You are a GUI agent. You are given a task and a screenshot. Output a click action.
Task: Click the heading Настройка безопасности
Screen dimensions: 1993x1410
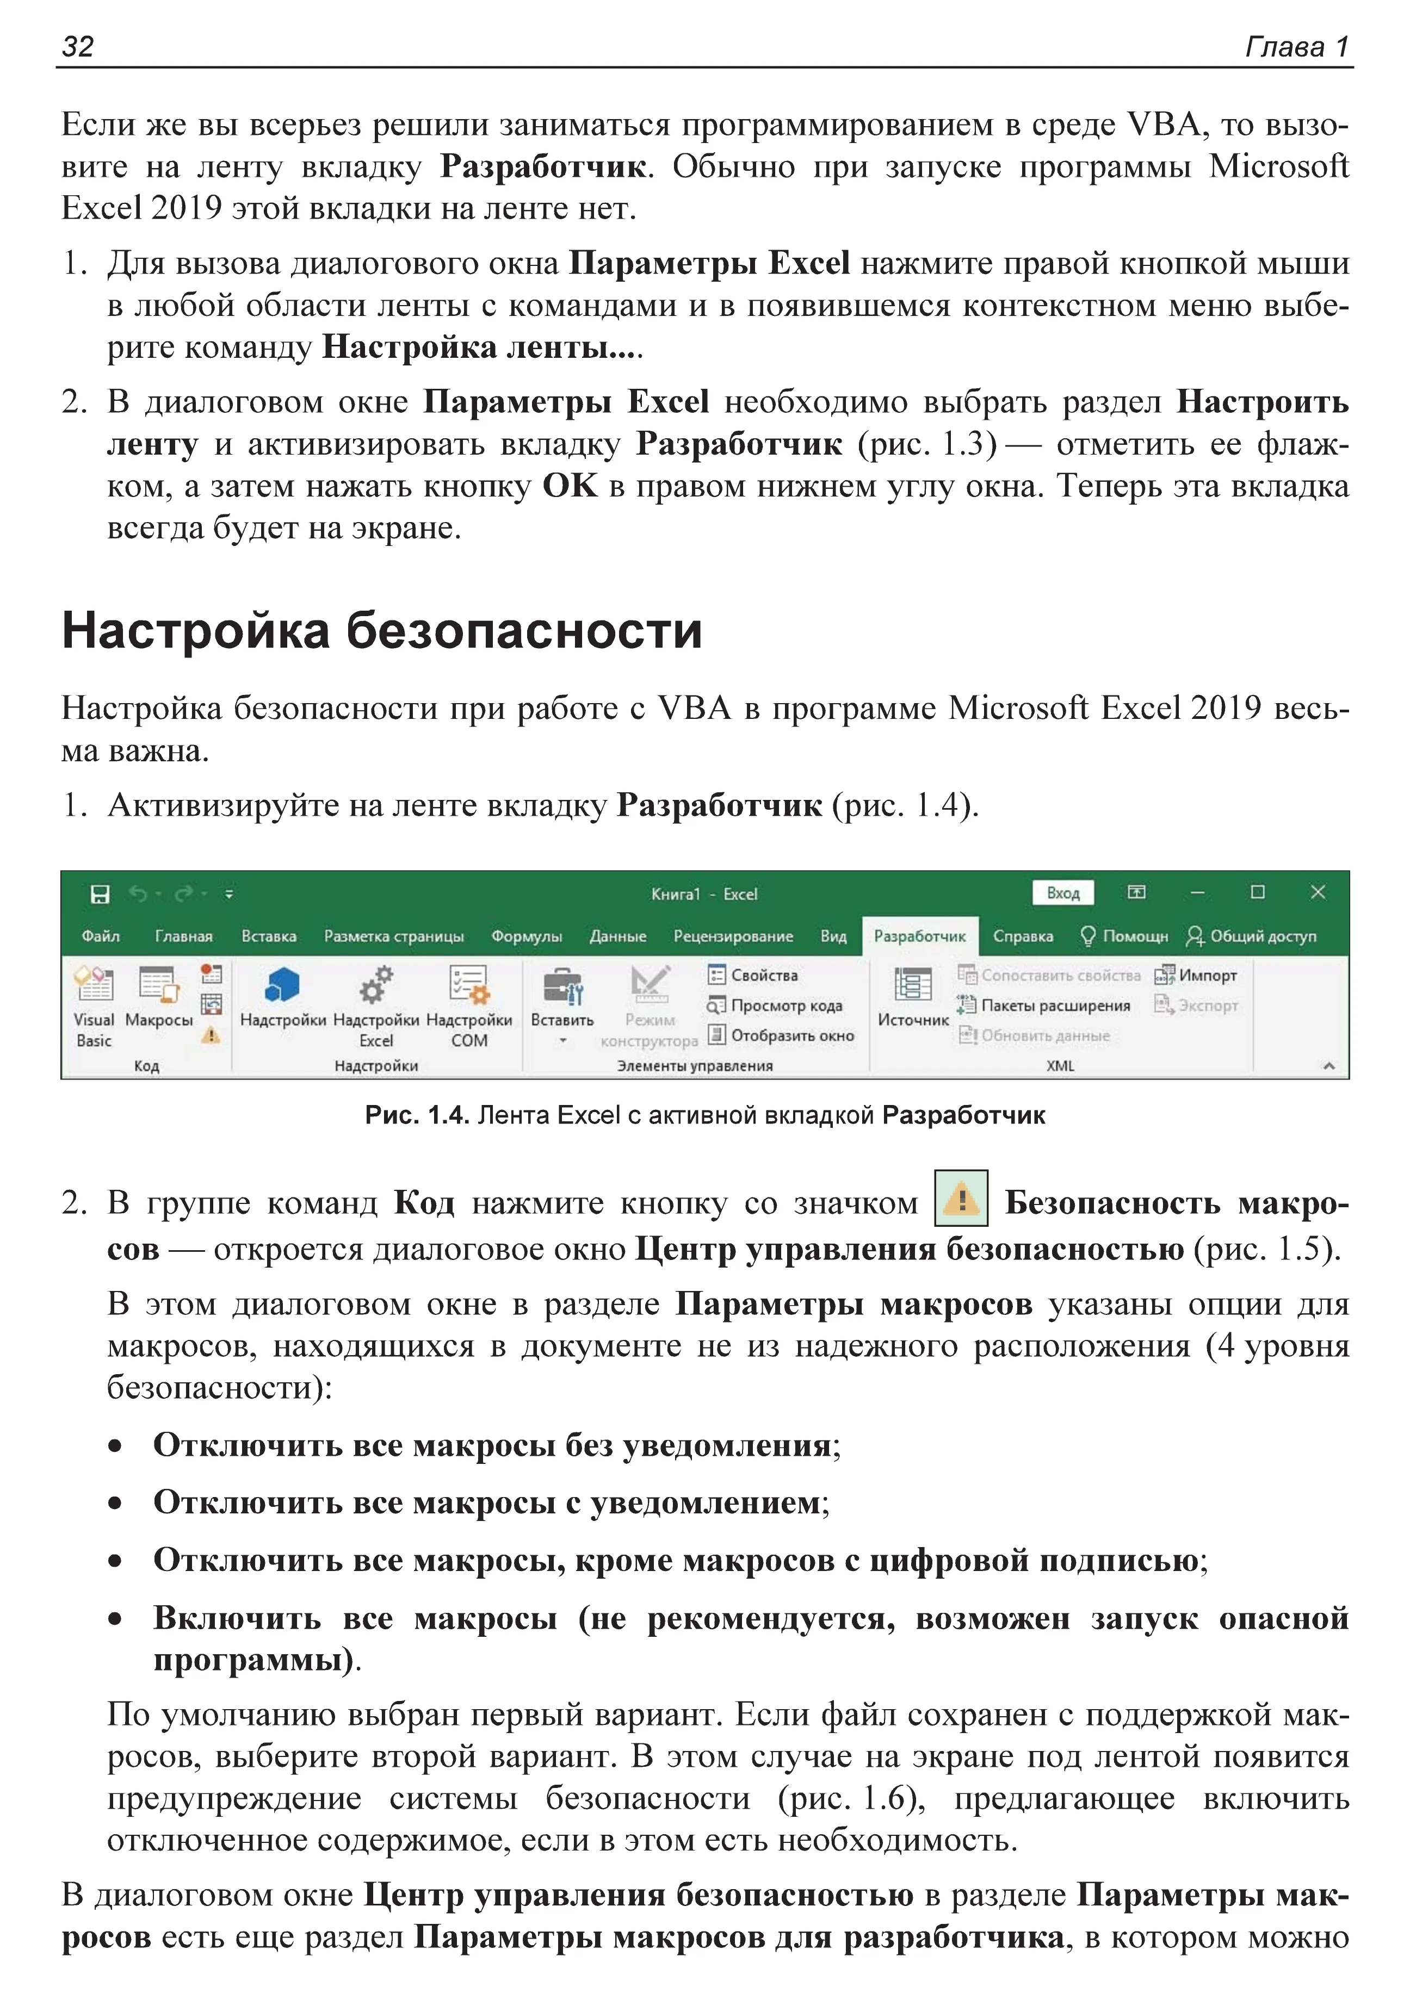coord(381,630)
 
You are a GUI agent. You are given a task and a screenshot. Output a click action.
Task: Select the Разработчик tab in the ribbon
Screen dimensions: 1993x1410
coord(919,936)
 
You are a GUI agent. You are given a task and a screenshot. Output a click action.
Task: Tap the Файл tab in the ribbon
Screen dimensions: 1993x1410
coord(101,936)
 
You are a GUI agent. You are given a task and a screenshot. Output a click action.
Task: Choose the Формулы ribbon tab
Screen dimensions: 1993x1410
coord(526,936)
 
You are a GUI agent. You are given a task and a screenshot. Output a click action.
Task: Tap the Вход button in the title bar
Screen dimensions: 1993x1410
coord(1063,893)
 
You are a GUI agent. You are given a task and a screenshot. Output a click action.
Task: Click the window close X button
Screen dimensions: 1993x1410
coord(1317,892)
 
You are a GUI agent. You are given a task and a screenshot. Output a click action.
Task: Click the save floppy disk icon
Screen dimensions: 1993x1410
coord(101,894)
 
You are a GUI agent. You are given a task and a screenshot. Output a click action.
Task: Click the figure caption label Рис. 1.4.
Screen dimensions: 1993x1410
coord(417,1115)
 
